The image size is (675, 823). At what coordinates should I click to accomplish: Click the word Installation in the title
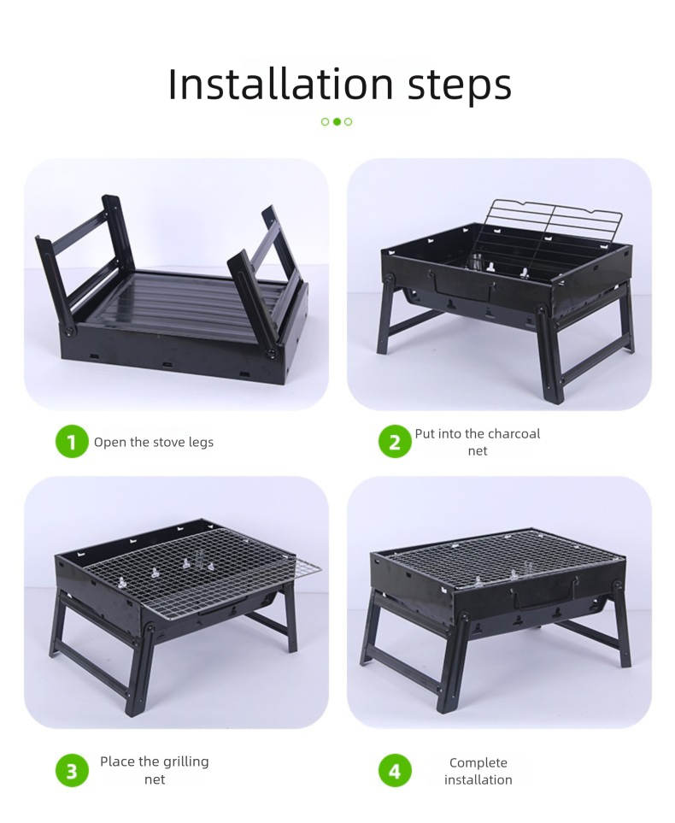tap(280, 84)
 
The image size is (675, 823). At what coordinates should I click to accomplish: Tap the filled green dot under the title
tap(337, 121)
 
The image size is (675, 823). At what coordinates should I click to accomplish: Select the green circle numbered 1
tap(72, 442)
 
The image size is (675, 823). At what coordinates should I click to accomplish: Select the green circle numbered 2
tap(395, 442)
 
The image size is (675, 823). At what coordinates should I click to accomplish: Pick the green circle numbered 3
tap(72, 771)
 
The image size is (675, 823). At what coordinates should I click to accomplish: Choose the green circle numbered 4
tap(395, 771)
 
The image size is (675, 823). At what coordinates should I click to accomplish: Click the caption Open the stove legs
tap(154, 443)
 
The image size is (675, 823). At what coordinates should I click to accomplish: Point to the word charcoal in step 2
tap(513, 433)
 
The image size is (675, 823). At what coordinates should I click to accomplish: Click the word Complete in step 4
tap(478, 763)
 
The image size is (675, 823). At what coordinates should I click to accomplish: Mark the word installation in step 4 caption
tap(478, 779)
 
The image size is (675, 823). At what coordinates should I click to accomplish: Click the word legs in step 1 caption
tap(201, 443)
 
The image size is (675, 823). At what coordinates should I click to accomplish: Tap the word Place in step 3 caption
tap(116, 761)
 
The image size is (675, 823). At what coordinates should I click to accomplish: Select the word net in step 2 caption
tap(478, 451)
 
